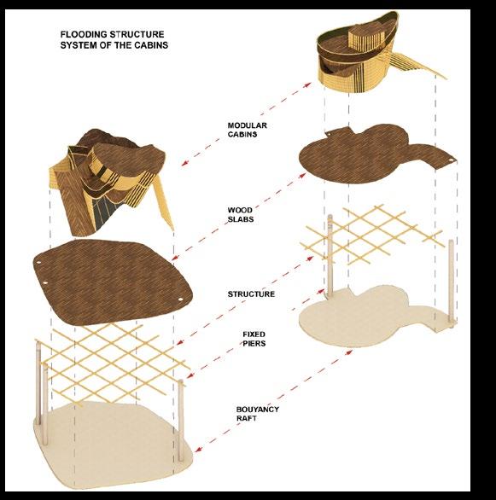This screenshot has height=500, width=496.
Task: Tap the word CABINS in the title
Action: [x=151, y=45]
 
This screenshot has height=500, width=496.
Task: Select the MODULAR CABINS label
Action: [x=248, y=130]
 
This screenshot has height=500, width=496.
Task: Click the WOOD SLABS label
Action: [x=241, y=215]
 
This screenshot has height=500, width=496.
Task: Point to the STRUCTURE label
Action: [x=251, y=294]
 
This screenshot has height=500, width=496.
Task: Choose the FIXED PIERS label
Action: [x=254, y=339]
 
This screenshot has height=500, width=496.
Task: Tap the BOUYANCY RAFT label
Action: [x=258, y=414]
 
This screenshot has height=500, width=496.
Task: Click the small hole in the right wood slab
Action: [x=451, y=160]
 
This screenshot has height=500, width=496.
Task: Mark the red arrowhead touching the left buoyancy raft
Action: [x=198, y=449]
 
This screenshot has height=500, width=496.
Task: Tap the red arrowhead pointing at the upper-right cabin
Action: [x=308, y=84]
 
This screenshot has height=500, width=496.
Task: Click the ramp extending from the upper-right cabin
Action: [x=415, y=64]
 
